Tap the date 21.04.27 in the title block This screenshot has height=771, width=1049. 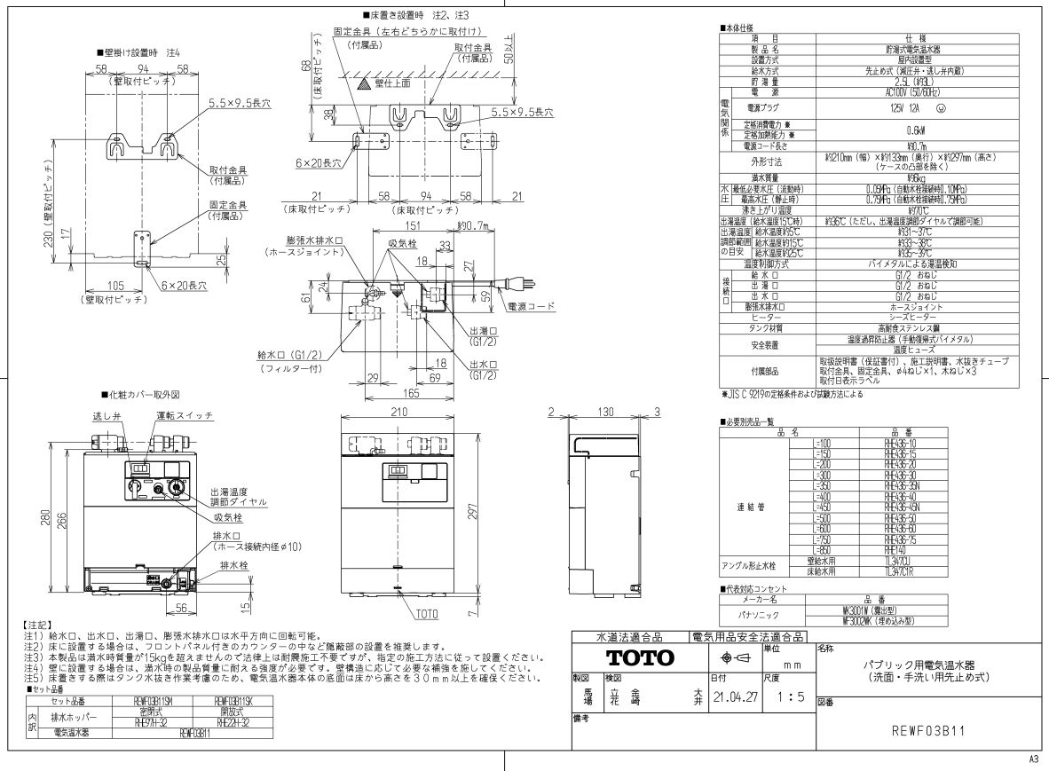pos(733,698)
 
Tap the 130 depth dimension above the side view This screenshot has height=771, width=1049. pos(605,412)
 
